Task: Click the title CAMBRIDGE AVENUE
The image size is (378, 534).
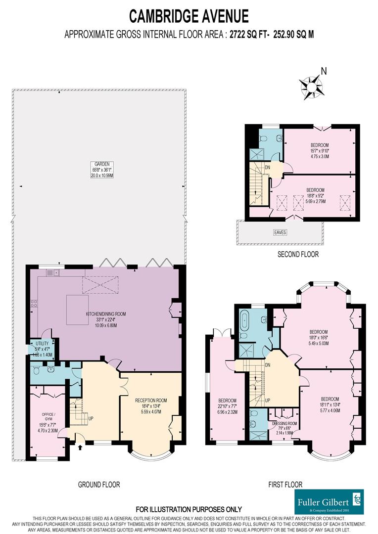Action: point(189,16)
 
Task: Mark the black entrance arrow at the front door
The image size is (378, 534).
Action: point(81,448)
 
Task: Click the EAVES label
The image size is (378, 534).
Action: point(280,232)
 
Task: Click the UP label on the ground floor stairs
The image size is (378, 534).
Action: point(90,418)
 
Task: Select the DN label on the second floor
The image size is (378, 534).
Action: point(267,167)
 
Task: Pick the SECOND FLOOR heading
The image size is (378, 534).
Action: point(298,255)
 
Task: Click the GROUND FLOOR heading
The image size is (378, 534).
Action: point(99,485)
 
